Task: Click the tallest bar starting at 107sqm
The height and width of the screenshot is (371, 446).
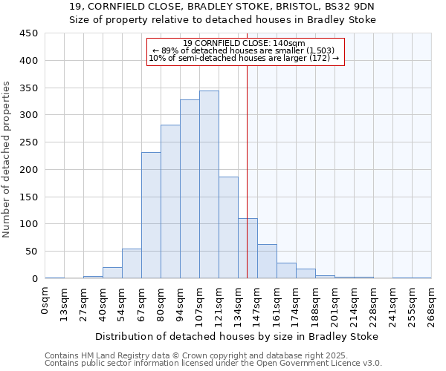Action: point(209,185)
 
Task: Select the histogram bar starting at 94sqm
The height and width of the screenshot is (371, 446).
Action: point(190,189)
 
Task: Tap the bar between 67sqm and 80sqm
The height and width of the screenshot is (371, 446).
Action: point(151,215)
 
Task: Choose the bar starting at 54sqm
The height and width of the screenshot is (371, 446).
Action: point(132,263)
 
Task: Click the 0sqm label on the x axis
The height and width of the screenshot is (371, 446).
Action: point(45,301)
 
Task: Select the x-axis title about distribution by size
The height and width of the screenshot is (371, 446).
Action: point(237,336)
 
